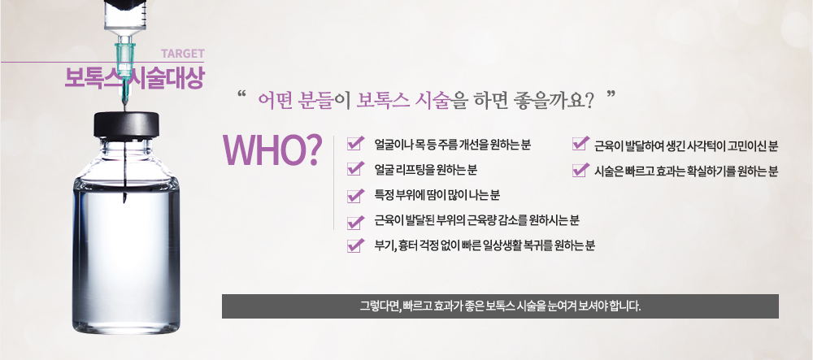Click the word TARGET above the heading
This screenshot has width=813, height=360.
(182, 54)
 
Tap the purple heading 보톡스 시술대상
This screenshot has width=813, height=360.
(134, 78)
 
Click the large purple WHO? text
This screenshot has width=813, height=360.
(272, 150)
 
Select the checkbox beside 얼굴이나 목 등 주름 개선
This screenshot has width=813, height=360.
(354, 144)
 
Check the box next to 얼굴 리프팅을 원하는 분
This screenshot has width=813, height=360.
(354, 168)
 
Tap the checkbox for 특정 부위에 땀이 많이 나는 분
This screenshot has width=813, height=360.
(354, 195)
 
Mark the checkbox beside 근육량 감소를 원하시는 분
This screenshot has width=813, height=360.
(354, 221)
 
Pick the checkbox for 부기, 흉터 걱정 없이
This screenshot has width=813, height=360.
(354, 245)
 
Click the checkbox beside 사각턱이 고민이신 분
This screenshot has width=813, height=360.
(580, 144)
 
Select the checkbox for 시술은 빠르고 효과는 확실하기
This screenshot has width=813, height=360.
(580, 169)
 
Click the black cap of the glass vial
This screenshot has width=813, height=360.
(126, 125)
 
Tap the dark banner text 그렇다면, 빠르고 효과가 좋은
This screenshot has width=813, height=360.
(500, 306)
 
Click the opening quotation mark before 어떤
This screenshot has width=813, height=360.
(240, 95)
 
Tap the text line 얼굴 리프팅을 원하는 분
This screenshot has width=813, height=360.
(426, 169)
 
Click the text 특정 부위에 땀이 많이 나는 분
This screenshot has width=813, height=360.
(437, 195)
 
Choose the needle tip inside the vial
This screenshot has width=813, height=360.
(124, 200)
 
